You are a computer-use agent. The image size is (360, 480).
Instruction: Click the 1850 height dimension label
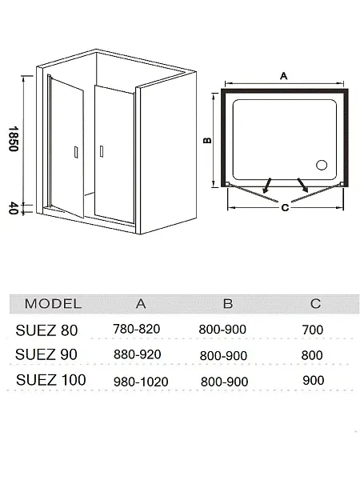[x=14, y=138]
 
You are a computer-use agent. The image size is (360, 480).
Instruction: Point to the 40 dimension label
[x=14, y=208]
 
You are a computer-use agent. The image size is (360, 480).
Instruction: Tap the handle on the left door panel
[x=76, y=153]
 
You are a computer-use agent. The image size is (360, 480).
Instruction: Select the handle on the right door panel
[x=102, y=151]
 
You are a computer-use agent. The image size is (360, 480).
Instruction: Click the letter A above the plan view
[x=284, y=76]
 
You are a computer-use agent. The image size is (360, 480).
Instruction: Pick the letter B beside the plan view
[x=207, y=140]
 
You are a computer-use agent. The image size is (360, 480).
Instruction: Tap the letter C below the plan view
[x=285, y=207]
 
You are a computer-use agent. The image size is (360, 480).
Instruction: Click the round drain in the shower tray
[x=322, y=165]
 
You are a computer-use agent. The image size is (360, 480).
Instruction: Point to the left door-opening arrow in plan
[x=266, y=186]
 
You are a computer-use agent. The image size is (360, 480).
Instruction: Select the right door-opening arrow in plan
[x=302, y=186]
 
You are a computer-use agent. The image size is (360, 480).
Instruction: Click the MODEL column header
[x=53, y=304]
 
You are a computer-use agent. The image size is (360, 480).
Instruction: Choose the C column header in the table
[x=315, y=304]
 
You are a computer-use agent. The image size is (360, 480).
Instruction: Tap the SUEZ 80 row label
[x=46, y=330]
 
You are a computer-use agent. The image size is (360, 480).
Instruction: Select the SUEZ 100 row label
[x=51, y=380]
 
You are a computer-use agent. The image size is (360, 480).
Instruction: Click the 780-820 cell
[x=137, y=329]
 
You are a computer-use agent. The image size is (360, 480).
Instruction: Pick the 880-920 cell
[x=137, y=354]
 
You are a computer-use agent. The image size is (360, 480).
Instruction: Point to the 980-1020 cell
[x=141, y=382]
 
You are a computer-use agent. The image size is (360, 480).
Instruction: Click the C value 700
[x=313, y=330]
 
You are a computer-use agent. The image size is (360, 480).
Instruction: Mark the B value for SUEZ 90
[x=223, y=356]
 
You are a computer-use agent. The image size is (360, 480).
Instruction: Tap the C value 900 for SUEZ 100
[x=314, y=381]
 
